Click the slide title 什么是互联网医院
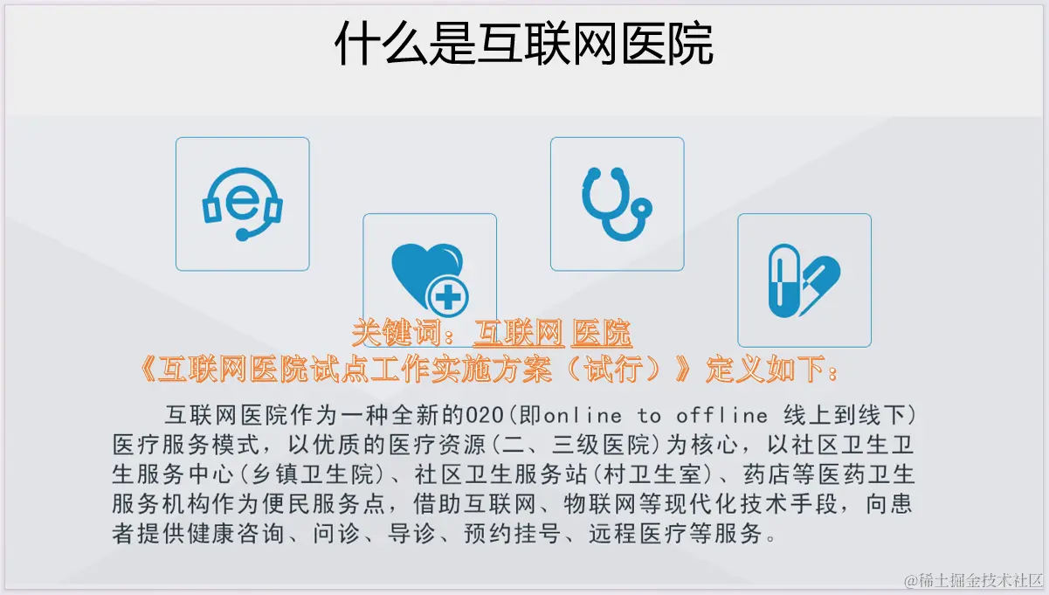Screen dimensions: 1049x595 523,44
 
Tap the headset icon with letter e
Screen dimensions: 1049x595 242,204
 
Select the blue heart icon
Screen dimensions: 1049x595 424,274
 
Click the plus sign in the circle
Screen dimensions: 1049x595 448,297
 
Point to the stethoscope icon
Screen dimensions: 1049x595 617,204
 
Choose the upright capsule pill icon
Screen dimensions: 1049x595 784,280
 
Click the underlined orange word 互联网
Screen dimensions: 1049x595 519,333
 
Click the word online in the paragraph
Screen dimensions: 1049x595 583,416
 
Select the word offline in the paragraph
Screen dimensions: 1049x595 721,416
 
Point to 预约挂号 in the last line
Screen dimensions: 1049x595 513,534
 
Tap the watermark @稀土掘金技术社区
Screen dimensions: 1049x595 973,581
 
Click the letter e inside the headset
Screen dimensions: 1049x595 242,203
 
